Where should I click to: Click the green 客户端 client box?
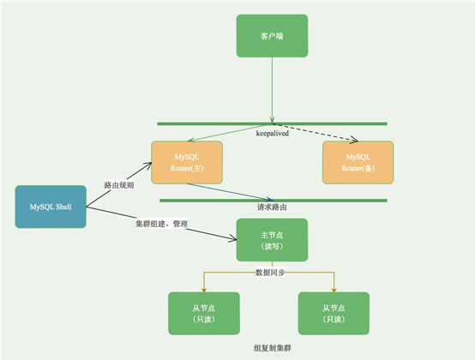point(272,37)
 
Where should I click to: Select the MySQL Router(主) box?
point(187,162)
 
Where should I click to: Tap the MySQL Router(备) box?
point(358,162)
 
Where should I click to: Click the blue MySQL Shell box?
point(51,207)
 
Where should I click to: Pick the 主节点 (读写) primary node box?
point(272,240)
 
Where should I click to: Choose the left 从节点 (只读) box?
point(204,313)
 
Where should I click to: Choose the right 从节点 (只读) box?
point(334,313)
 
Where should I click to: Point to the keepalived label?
point(272,134)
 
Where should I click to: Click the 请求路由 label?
point(272,207)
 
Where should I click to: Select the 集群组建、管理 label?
point(161,225)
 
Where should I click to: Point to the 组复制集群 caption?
point(272,351)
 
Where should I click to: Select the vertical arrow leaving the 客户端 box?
point(272,90)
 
